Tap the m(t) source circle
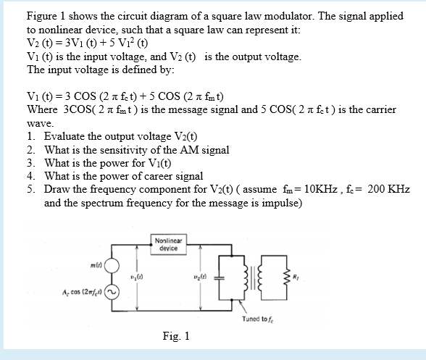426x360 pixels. click(x=113, y=265)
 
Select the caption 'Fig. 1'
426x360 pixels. click(x=176, y=336)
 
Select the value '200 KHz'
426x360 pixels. click(x=388, y=189)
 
